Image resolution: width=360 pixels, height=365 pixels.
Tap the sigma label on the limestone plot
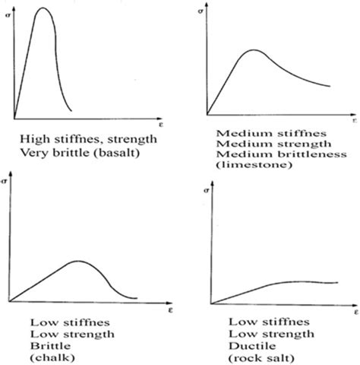tap(201, 12)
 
